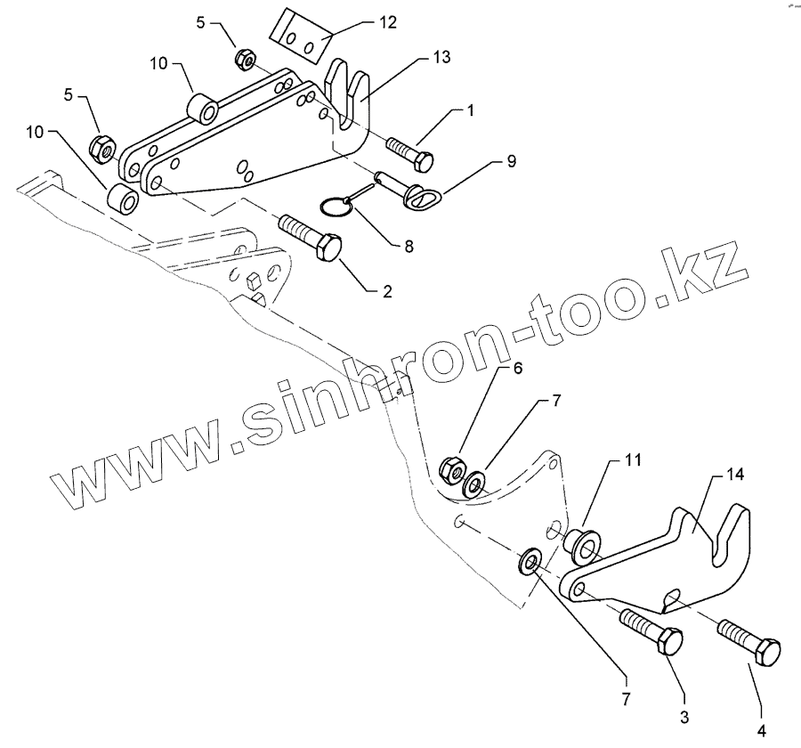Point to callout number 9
pyautogui.click(x=512, y=161)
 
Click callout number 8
pyautogui.click(x=409, y=247)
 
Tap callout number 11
pyautogui.click(x=632, y=460)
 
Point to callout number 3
pyautogui.click(x=684, y=715)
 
